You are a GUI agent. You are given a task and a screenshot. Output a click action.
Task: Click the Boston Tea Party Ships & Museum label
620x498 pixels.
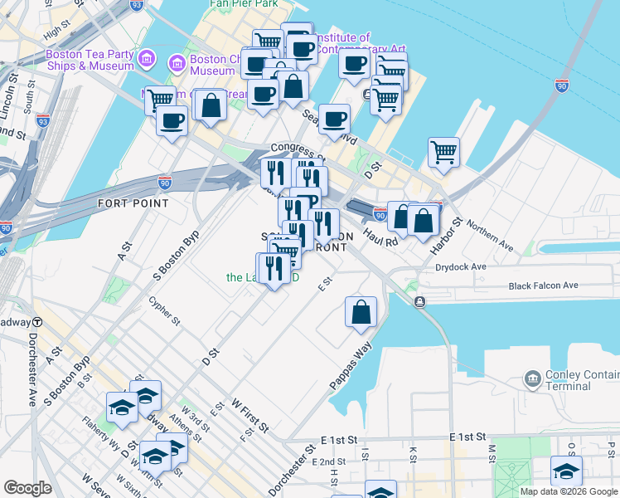coord(90,60)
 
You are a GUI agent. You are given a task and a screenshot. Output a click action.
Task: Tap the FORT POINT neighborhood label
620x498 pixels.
coord(133,203)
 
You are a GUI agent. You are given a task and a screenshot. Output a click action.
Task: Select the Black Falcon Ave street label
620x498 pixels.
coord(543,286)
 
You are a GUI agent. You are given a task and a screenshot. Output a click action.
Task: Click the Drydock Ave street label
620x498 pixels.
coord(461,267)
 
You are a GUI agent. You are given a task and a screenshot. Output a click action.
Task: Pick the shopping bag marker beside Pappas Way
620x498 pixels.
coord(361,312)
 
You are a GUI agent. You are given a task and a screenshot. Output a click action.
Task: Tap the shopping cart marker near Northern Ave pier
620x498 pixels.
coord(444,153)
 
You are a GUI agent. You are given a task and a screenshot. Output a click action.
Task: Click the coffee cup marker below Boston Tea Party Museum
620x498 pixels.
coord(172,121)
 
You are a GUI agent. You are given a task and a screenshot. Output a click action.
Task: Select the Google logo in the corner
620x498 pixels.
coord(28,488)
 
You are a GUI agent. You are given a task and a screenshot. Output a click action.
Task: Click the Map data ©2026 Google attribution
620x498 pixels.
coord(568,491)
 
